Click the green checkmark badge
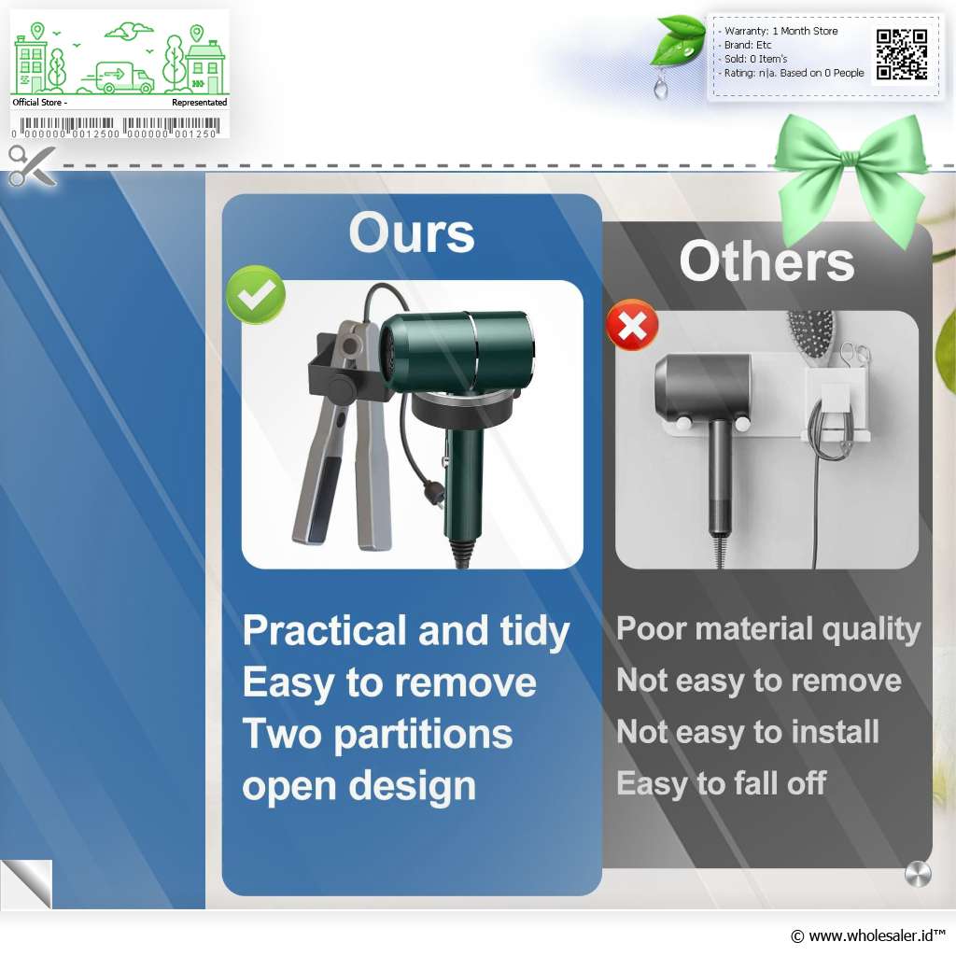click(256, 294)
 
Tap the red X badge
click(632, 325)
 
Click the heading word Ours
click(412, 232)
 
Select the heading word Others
click(766, 261)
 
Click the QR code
click(902, 55)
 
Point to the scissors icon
click(32, 165)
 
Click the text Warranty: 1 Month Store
click(780, 31)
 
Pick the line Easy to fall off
click(721, 783)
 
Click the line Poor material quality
click(768, 629)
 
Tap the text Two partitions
click(377, 734)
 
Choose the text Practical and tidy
click(406, 631)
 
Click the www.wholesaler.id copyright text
click(868, 935)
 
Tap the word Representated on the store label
click(200, 103)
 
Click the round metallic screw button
click(918, 874)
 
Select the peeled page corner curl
click(26, 884)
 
